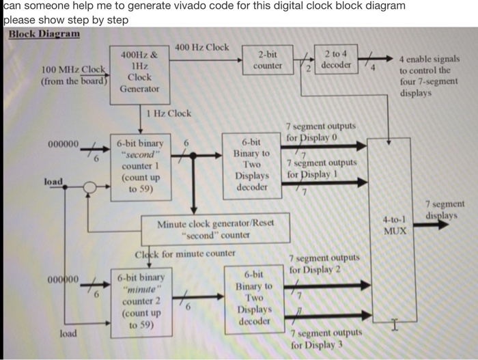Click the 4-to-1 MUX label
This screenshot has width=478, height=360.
click(395, 225)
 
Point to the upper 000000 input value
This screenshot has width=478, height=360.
click(64, 143)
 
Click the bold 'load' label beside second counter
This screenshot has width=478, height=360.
click(53, 182)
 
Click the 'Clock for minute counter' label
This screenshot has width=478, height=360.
click(184, 255)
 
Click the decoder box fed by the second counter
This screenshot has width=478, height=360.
click(252, 164)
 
